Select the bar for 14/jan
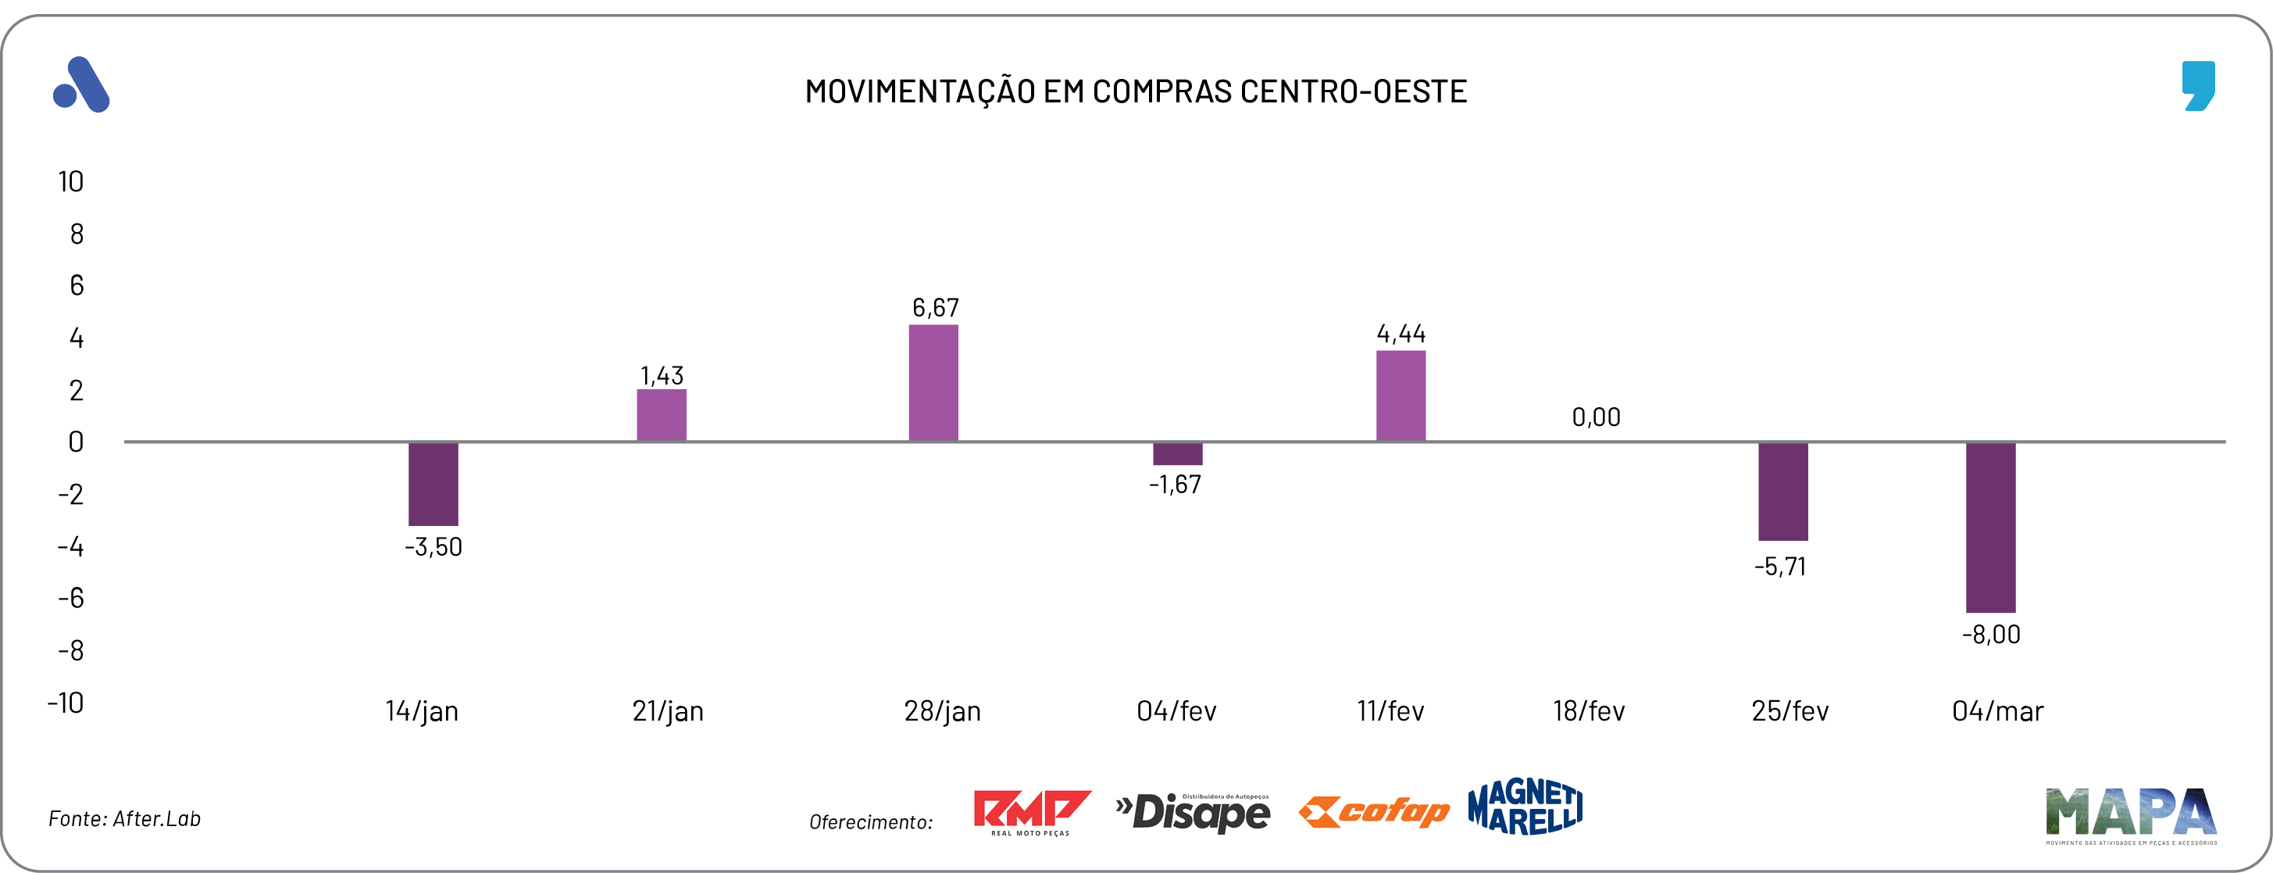pos(434,484)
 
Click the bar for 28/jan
pos(933,383)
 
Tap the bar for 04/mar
pos(1991,527)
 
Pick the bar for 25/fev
pos(1782,491)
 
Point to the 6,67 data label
pos(935,307)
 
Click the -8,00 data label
pos(1991,635)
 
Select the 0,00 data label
pos(1597,417)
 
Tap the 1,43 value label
pos(662,376)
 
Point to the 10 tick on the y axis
pos(70,182)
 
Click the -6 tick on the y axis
pos(70,599)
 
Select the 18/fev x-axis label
pos(1588,711)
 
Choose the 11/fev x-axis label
pos(1390,711)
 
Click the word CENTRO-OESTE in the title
pos(1353,91)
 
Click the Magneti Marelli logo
pos(1525,807)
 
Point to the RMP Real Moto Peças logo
pos(1032,812)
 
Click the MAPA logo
pos(2131,814)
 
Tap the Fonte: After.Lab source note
pos(124,819)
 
